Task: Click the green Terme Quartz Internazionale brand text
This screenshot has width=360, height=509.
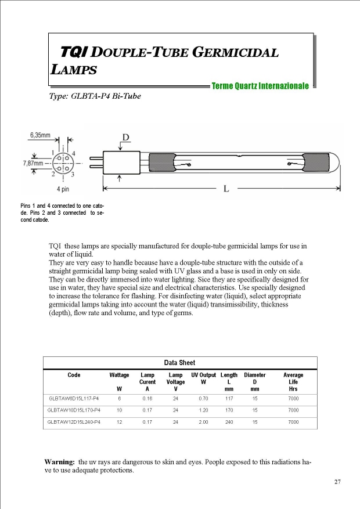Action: [260, 86]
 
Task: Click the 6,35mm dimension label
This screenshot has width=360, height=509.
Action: [40, 135]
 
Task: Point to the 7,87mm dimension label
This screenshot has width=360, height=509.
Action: [33, 164]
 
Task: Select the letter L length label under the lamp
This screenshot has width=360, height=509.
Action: [226, 189]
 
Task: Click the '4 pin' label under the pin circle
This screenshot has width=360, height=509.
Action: [63, 189]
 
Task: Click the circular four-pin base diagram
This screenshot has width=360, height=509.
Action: [63, 163]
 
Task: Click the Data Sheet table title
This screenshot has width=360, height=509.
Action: [180, 363]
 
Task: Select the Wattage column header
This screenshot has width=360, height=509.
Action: [120, 376]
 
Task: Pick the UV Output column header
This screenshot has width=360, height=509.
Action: [203, 376]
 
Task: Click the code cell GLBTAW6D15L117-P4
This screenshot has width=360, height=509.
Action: [74, 399]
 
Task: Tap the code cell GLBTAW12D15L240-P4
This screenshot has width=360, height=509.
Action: [74, 422]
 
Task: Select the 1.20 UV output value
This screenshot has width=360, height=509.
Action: [203, 410]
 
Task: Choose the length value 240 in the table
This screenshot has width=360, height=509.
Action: [229, 422]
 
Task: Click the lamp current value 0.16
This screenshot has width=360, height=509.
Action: [147, 399]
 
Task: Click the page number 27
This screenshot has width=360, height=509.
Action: [337, 482]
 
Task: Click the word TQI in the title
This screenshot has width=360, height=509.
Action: [73, 52]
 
